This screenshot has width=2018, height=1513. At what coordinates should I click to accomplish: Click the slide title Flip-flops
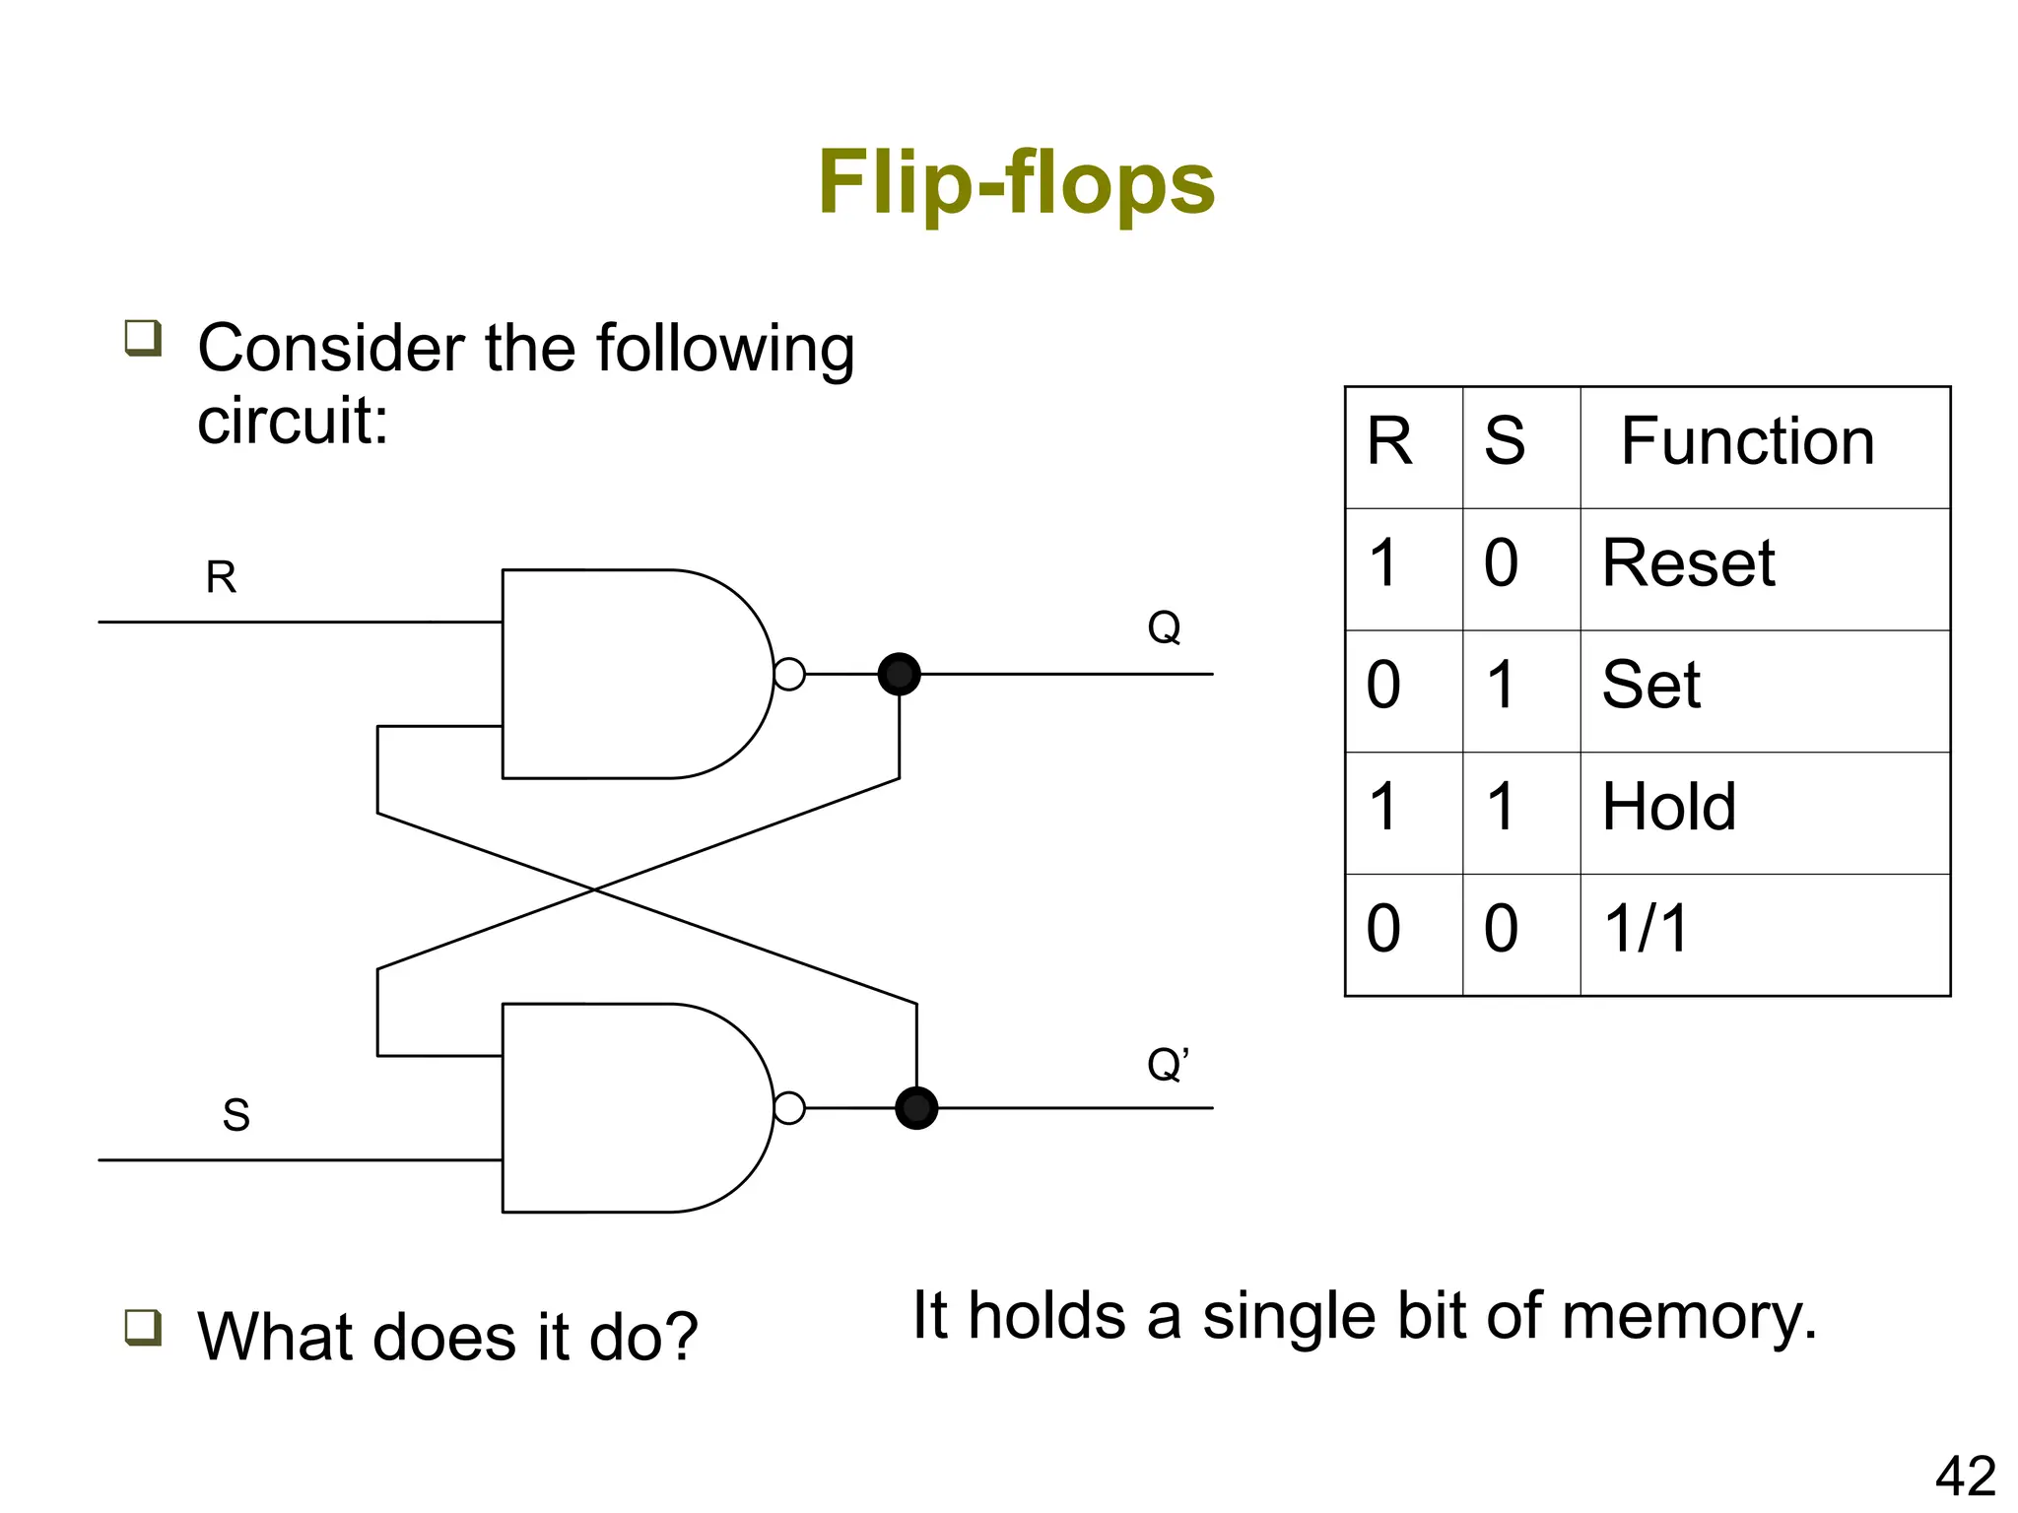(1016, 183)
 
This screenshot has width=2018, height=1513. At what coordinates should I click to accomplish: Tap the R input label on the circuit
(221, 577)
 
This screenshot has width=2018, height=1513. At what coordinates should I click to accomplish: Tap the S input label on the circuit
(235, 1115)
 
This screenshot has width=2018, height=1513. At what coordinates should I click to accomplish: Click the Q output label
(1164, 627)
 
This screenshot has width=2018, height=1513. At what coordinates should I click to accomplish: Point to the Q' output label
(1168, 1065)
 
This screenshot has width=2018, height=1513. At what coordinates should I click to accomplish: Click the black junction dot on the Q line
(899, 675)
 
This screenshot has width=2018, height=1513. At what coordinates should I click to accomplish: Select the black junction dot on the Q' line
(916, 1108)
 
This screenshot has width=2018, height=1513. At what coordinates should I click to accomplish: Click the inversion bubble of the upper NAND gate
(789, 675)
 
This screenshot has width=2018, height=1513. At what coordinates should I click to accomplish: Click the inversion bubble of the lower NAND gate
(789, 1108)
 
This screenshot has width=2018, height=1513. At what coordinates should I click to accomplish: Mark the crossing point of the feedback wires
(594, 889)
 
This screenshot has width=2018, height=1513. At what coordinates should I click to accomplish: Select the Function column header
(1747, 441)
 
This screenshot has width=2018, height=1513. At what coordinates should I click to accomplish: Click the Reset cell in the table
(1688, 563)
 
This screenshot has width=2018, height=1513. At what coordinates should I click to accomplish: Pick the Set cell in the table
(1650, 686)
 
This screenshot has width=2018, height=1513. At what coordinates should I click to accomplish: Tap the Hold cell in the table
(1668, 808)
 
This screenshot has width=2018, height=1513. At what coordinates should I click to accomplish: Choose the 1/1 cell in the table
(1646, 929)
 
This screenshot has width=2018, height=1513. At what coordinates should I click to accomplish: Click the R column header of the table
(1389, 441)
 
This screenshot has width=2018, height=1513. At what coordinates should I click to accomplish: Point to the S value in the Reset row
(1501, 563)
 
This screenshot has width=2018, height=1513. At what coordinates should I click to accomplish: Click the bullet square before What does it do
(143, 1327)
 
